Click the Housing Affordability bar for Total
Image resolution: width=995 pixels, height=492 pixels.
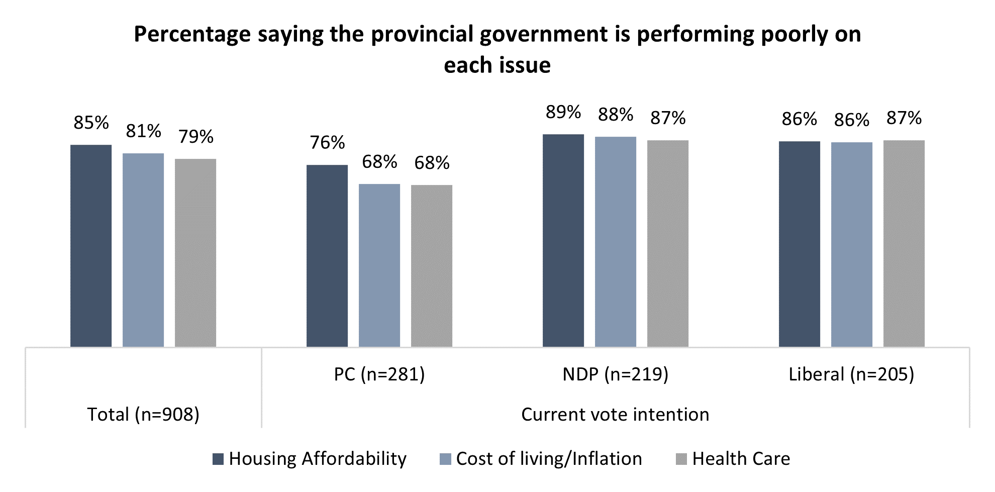[91, 246]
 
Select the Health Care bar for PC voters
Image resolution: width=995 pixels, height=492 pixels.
[432, 266]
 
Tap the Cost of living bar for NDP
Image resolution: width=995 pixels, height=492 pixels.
[616, 242]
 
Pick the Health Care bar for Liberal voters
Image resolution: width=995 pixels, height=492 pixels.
[904, 243]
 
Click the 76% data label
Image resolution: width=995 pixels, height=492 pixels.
[327, 143]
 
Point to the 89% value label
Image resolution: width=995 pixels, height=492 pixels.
[563, 112]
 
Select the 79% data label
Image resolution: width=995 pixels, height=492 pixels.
[196, 137]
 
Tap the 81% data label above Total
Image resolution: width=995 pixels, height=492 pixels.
[144, 131]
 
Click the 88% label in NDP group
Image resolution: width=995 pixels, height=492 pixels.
[616, 115]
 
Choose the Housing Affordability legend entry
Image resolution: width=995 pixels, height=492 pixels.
[310, 459]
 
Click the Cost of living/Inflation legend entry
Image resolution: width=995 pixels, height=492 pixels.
[541, 459]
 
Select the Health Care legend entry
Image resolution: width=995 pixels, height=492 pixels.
[734, 459]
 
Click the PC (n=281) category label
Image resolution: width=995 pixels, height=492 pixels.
[379, 374]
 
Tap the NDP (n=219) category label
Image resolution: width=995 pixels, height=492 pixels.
[616, 374]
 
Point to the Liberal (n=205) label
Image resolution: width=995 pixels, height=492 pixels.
[851, 374]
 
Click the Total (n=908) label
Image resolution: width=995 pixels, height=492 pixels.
[144, 415]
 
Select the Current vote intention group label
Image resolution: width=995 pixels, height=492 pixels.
[615, 415]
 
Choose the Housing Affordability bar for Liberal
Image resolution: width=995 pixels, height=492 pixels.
[800, 244]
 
